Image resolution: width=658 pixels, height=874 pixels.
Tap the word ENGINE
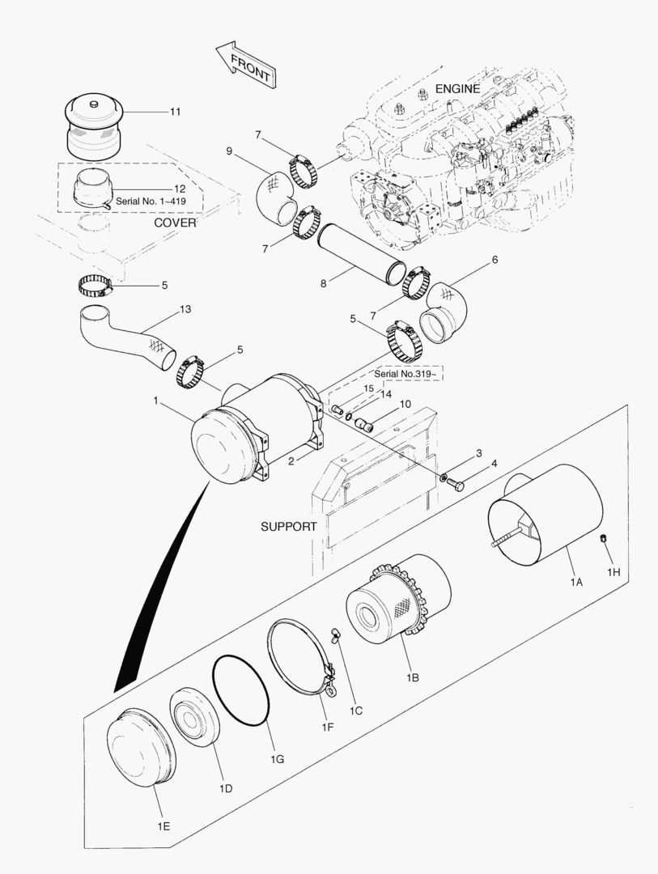click(x=458, y=88)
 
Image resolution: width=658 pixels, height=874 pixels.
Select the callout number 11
click(x=175, y=111)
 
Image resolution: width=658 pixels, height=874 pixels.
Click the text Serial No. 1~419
click(x=155, y=200)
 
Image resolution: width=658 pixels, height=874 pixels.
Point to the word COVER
click(x=174, y=222)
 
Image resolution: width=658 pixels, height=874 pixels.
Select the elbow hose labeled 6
click(x=448, y=310)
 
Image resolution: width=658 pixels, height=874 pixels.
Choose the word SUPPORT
click(x=288, y=526)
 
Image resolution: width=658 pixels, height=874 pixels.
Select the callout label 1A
click(x=575, y=580)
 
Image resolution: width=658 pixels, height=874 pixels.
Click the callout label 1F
click(x=327, y=728)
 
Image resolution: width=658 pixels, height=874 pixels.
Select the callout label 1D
click(x=226, y=787)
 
